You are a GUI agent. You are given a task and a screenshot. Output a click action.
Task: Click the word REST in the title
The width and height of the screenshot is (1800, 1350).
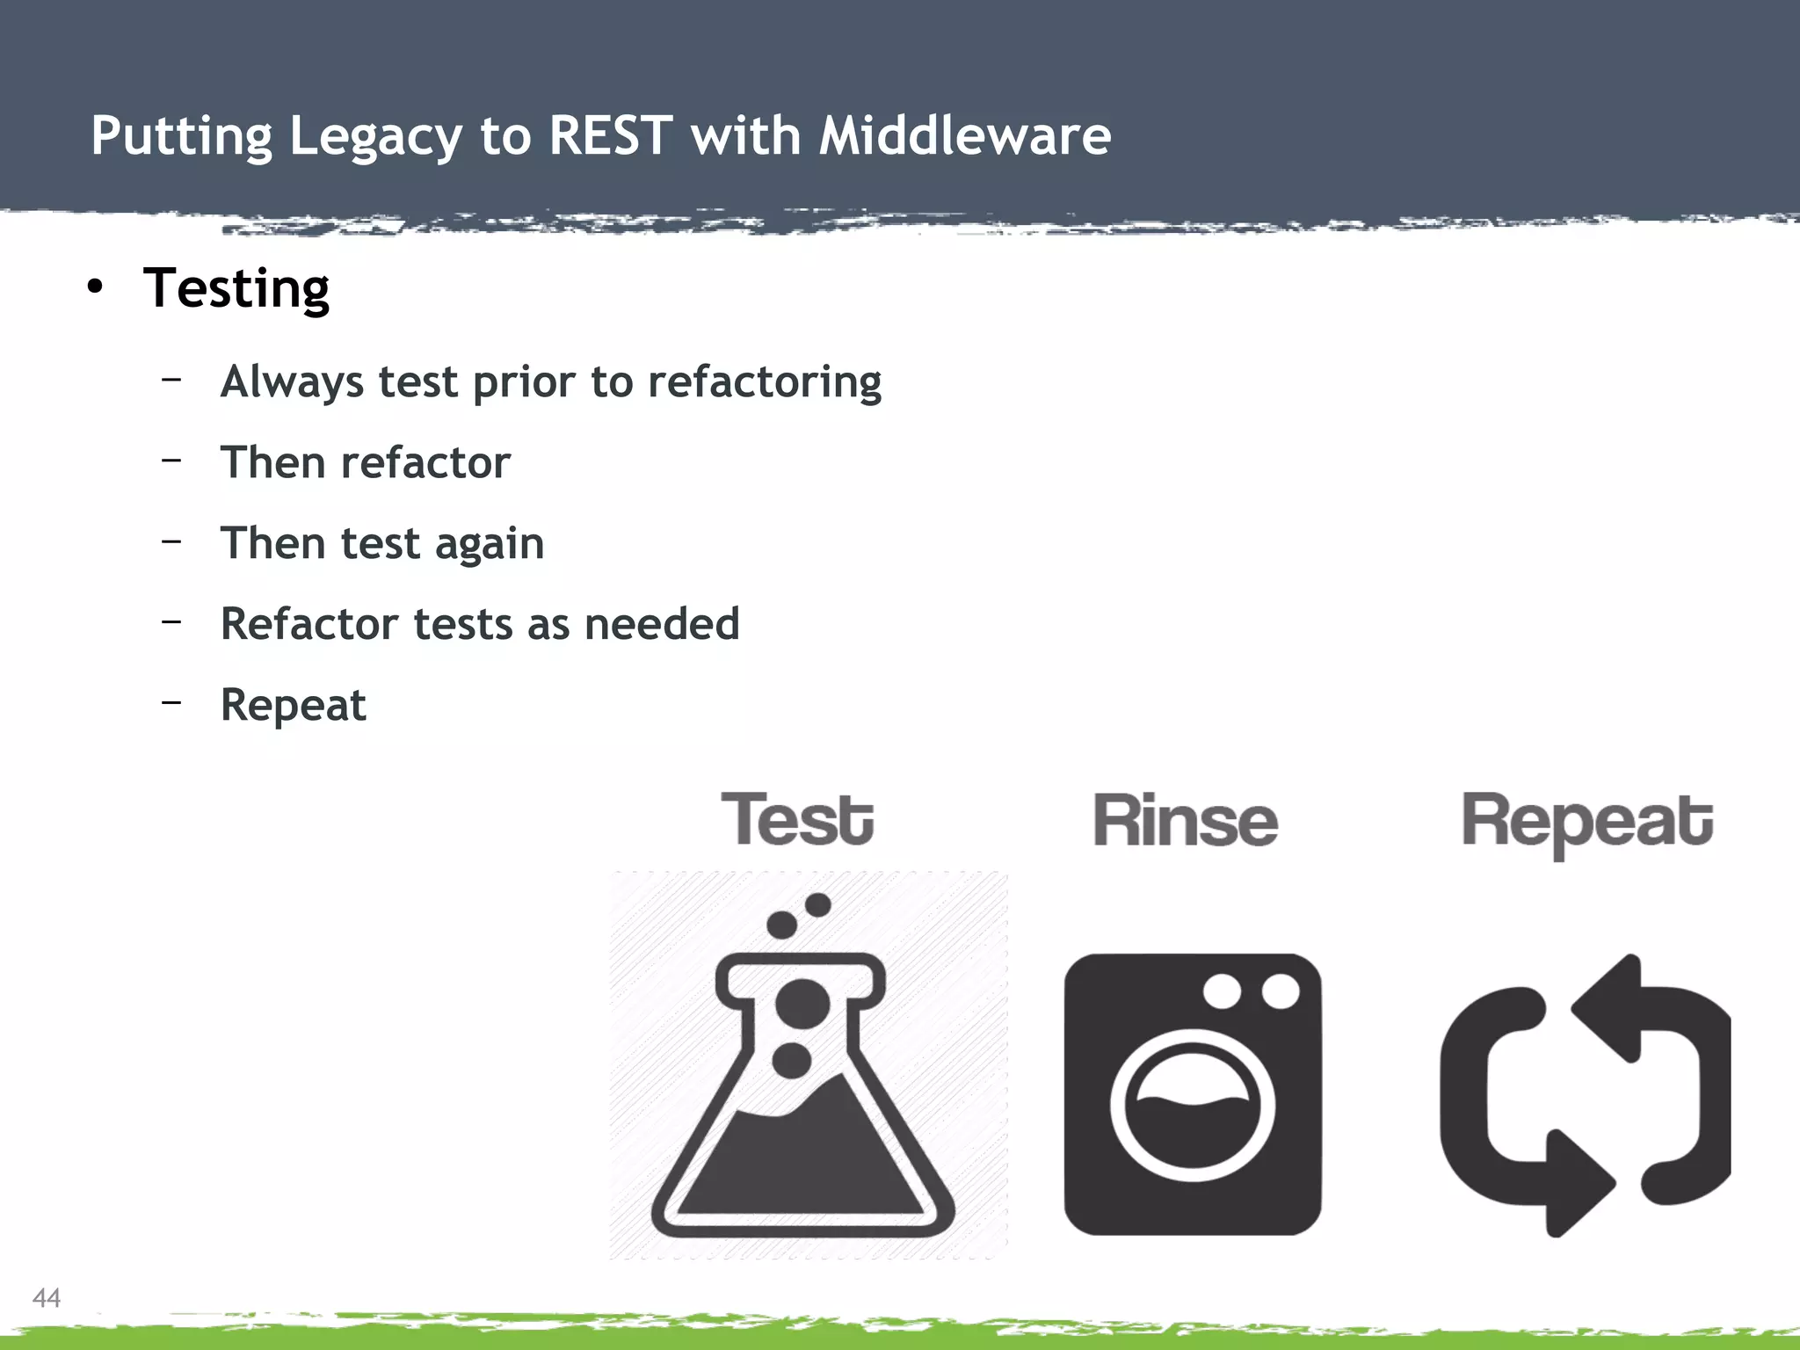[610, 136]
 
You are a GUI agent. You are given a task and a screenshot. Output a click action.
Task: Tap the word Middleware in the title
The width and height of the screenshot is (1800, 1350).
[964, 136]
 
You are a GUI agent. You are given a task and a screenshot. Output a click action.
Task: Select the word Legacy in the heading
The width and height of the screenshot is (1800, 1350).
[375, 138]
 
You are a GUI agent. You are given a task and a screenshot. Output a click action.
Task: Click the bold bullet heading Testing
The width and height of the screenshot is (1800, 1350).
[236, 288]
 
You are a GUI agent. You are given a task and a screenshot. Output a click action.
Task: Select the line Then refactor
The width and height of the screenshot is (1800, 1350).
[365, 462]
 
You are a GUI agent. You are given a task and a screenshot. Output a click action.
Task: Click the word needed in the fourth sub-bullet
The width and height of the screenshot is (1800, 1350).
[662, 624]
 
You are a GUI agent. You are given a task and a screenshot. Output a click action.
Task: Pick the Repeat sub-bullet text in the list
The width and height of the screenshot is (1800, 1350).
[293, 705]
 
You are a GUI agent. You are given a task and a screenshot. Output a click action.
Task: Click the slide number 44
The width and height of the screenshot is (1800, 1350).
[46, 1297]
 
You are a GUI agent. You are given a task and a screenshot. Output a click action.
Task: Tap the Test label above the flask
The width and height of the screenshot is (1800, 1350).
[797, 819]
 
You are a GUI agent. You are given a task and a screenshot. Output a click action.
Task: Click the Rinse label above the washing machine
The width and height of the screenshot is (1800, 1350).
[1185, 821]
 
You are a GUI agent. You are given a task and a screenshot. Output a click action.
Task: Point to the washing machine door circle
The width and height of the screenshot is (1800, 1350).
[1192, 1105]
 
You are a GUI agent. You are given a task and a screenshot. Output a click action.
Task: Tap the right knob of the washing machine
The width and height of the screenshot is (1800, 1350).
[1280, 992]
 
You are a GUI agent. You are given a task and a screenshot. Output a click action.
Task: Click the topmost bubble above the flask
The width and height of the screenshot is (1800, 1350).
[817, 904]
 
